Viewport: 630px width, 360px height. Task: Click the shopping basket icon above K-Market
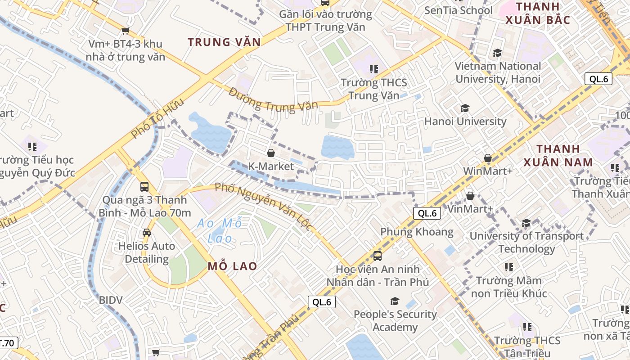click(271, 153)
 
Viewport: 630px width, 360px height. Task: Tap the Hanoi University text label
click(465, 121)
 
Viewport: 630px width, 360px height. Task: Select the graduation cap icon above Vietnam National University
click(497, 53)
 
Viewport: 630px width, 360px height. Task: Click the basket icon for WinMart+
click(487, 158)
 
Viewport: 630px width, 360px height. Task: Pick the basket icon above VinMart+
click(470, 196)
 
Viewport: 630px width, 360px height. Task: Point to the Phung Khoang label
click(417, 232)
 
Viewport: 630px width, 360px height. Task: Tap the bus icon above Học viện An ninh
click(378, 256)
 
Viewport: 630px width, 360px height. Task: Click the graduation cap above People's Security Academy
click(395, 301)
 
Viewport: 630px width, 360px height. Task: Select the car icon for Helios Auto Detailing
click(147, 233)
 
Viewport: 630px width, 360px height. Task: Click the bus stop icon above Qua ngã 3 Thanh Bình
click(144, 186)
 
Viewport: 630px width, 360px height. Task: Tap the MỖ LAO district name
click(232, 266)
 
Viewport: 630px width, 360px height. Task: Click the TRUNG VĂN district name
click(224, 42)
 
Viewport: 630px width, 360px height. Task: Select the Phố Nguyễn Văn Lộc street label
click(263, 207)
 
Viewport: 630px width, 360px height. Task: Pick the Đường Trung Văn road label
click(273, 101)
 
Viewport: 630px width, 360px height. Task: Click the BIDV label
click(111, 300)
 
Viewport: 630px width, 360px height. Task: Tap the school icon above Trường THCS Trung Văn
click(373, 69)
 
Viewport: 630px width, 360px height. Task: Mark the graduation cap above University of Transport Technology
click(526, 223)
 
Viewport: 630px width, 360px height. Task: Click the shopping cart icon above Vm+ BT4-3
click(125, 31)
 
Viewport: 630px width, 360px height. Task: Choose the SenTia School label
click(459, 10)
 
